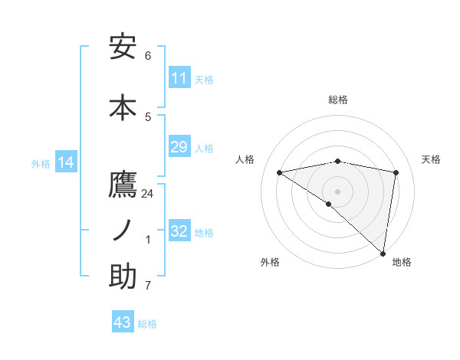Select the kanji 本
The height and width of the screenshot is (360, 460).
pyautogui.click(x=123, y=106)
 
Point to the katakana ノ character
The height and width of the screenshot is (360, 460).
pyautogui.click(x=123, y=230)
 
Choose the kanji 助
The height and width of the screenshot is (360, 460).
pyautogui.click(x=123, y=277)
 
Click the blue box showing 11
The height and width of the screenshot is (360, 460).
pyautogui.click(x=179, y=78)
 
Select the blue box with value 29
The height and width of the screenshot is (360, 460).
pyautogui.click(x=179, y=147)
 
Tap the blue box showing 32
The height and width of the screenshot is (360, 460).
pyautogui.click(x=179, y=231)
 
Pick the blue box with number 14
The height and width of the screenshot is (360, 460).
pyautogui.click(x=66, y=162)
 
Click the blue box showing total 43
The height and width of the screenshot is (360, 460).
pyautogui.click(x=123, y=322)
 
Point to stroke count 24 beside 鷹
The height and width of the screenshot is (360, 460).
pyautogui.click(x=148, y=194)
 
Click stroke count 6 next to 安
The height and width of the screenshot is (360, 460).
pyautogui.click(x=148, y=56)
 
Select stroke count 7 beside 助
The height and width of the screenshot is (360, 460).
pyautogui.click(x=148, y=286)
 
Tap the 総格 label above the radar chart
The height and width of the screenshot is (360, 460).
pyautogui.click(x=338, y=100)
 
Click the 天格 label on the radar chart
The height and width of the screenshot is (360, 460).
pyautogui.click(x=432, y=159)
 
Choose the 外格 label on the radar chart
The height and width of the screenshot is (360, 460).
pyautogui.click(x=270, y=263)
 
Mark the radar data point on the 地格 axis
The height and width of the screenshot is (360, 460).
pyautogui.click(x=383, y=252)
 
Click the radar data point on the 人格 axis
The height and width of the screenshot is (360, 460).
pyautogui.click(x=280, y=172)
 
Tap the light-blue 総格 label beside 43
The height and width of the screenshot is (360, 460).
pyautogui.click(x=147, y=324)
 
